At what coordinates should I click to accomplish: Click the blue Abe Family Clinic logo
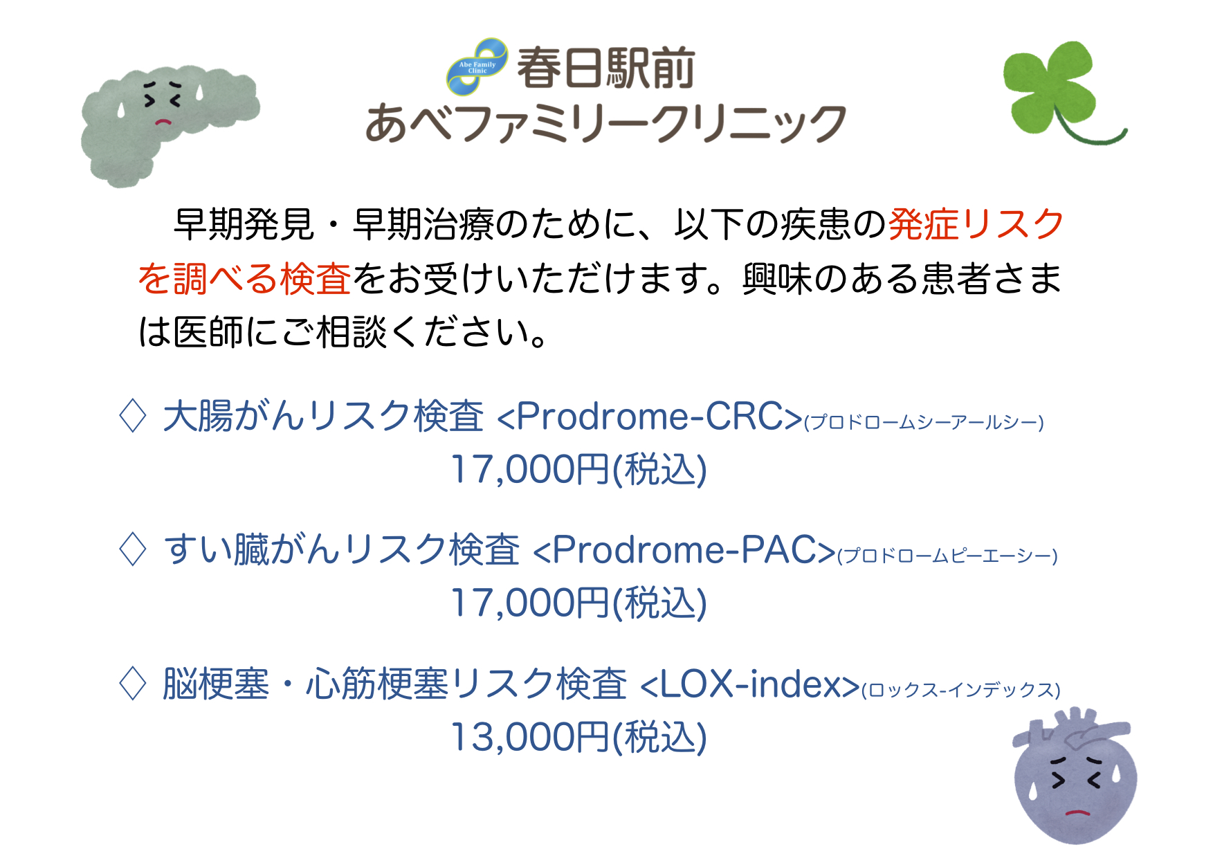click(477, 67)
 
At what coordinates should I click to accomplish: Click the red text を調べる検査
click(245, 278)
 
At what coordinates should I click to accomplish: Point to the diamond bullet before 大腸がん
click(133, 417)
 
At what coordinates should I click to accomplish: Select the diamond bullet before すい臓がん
click(133, 550)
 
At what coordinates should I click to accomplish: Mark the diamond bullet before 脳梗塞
click(133, 684)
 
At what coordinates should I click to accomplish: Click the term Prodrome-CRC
click(650, 417)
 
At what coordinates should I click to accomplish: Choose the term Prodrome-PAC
click(684, 550)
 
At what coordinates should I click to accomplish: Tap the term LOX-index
click(750, 684)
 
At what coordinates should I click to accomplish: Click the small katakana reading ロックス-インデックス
click(961, 690)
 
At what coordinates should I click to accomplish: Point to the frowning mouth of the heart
click(1077, 812)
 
